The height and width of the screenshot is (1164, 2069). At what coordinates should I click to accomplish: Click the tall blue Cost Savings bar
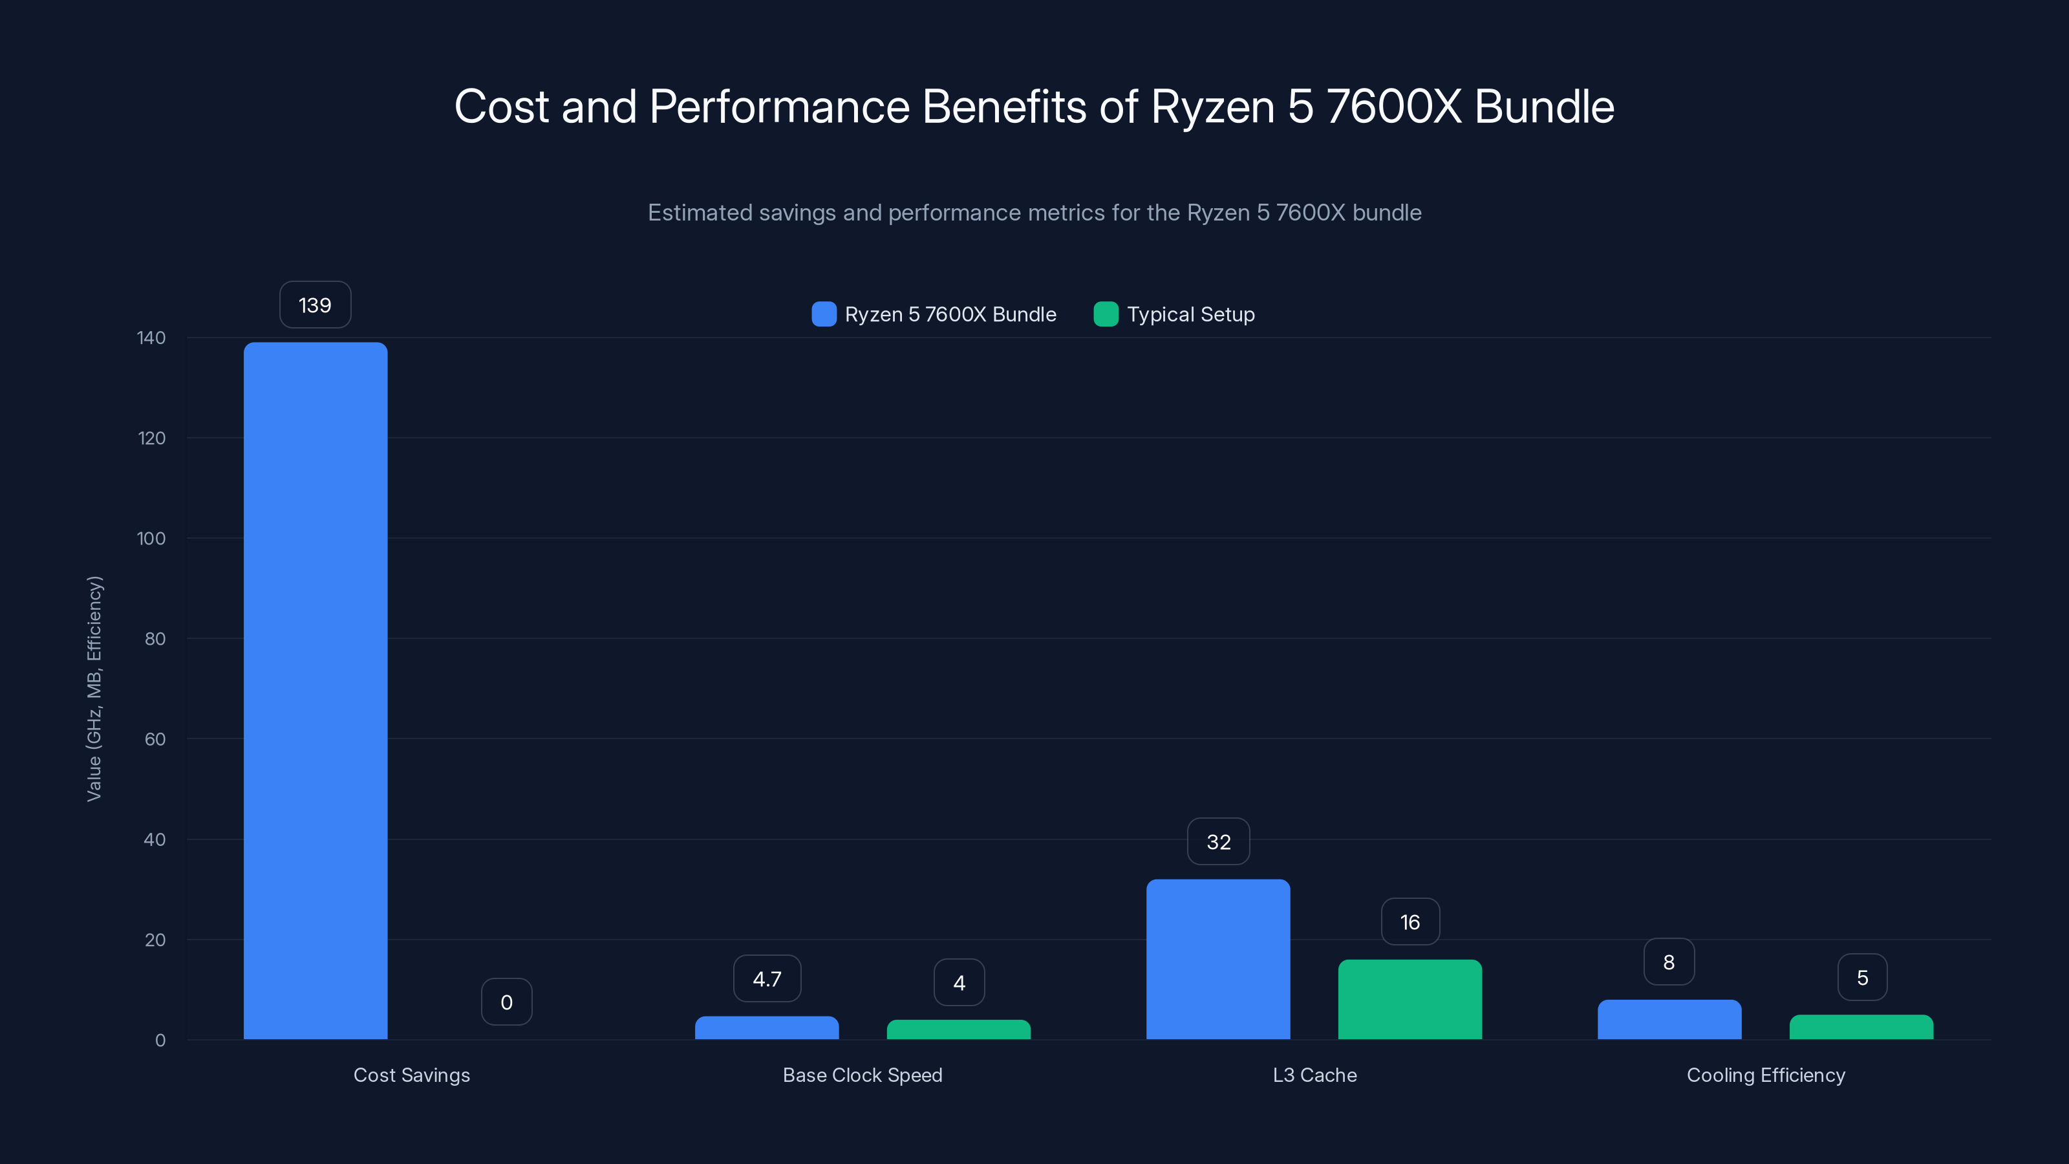pyautogui.click(x=315, y=691)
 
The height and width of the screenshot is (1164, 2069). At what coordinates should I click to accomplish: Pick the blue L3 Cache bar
pyautogui.click(x=1217, y=959)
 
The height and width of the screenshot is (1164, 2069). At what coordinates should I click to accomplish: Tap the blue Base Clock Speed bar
pyautogui.click(x=766, y=1028)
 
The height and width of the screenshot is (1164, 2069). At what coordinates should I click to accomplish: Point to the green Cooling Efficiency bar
pyautogui.click(x=1861, y=1027)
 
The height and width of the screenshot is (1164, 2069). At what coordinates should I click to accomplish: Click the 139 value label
pyautogui.click(x=315, y=305)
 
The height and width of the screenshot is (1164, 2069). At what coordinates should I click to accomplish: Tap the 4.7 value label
pyautogui.click(x=767, y=978)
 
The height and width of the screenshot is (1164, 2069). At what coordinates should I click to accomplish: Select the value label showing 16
pyautogui.click(x=1410, y=921)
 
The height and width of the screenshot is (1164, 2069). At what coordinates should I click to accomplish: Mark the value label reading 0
pyautogui.click(x=507, y=1002)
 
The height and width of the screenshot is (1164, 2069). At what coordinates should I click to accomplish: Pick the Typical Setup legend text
pyautogui.click(x=1190, y=314)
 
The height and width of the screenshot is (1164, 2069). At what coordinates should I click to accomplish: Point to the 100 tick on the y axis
pyautogui.click(x=151, y=538)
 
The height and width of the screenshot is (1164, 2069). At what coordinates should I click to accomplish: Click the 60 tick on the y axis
pyautogui.click(x=155, y=739)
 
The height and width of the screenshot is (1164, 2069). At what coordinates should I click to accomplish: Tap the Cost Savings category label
pyautogui.click(x=411, y=1075)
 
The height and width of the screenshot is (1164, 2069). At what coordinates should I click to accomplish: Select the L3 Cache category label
pyautogui.click(x=1314, y=1075)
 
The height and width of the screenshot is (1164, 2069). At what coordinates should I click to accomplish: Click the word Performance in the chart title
pyautogui.click(x=779, y=106)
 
